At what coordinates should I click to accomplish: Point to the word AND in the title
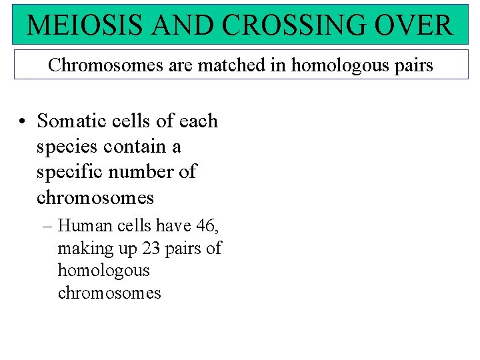[x=187, y=25]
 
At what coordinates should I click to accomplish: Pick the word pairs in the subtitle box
[x=411, y=65]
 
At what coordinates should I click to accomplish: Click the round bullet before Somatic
[x=23, y=122]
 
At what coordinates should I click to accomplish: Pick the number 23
[x=149, y=249]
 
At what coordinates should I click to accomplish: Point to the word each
[x=199, y=121]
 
